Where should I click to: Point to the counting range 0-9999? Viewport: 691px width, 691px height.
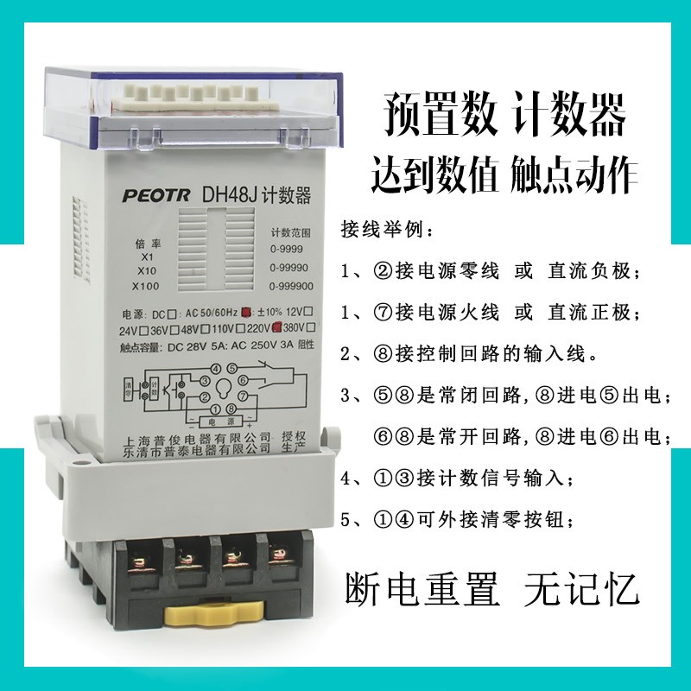point(287,248)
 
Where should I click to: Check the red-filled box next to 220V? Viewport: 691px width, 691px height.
point(278,327)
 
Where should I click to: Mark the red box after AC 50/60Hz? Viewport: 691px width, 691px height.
point(246,312)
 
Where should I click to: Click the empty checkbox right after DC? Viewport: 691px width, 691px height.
point(174,313)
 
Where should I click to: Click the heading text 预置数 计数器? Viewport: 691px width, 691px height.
point(504,117)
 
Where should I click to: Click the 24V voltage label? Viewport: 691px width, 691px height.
point(129,328)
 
